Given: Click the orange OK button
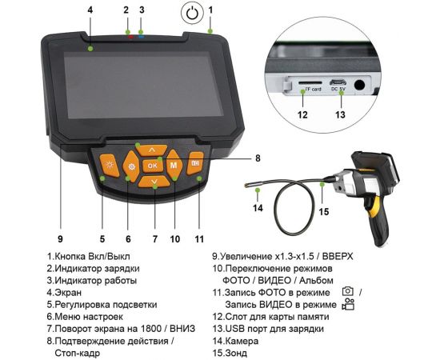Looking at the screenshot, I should [152, 165].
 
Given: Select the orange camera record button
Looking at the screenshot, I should [195, 163].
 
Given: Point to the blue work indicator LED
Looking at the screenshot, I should [141, 35].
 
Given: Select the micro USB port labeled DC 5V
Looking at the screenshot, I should [339, 82].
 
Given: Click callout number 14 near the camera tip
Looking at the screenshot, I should [258, 209].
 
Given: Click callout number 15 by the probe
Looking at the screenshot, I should [324, 213].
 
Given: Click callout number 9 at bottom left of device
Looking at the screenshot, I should [60, 238].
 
